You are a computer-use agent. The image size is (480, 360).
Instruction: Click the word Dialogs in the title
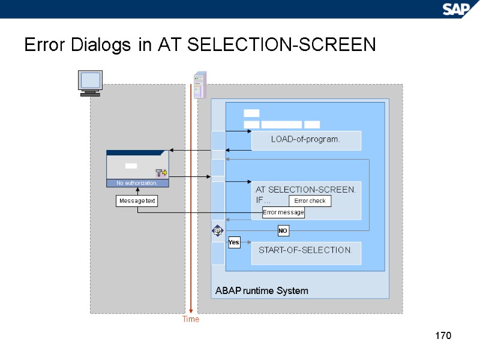[x=101, y=45]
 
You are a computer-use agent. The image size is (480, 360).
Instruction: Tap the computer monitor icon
[x=90, y=83]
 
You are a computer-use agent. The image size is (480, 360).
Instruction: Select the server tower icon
[x=200, y=85]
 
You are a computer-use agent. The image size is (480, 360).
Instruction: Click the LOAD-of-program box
[x=306, y=140]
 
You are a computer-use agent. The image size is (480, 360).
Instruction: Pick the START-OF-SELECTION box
[x=306, y=253]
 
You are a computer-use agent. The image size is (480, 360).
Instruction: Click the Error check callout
[x=310, y=201]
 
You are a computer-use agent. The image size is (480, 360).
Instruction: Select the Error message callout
[x=283, y=212]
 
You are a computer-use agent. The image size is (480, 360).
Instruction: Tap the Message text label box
[x=137, y=201]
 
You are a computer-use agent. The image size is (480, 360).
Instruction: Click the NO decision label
[x=283, y=230]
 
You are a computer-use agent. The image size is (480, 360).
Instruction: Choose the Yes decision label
[x=234, y=242]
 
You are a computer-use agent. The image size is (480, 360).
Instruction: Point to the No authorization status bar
[x=137, y=183]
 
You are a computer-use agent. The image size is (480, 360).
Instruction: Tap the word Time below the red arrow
[x=191, y=319]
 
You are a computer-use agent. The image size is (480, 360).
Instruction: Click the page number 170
[x=443, y=335]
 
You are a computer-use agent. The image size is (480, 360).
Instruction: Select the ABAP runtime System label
[x=262, y=290]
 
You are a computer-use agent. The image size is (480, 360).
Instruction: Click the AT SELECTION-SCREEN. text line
[x=305, y=190]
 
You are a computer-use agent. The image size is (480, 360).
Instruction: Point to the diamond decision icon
[x=217, y=230]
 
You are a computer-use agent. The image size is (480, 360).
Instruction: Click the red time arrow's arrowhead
[x=191, y=311]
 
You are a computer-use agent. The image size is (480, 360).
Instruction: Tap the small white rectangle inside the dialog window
[x=131, y=166]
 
